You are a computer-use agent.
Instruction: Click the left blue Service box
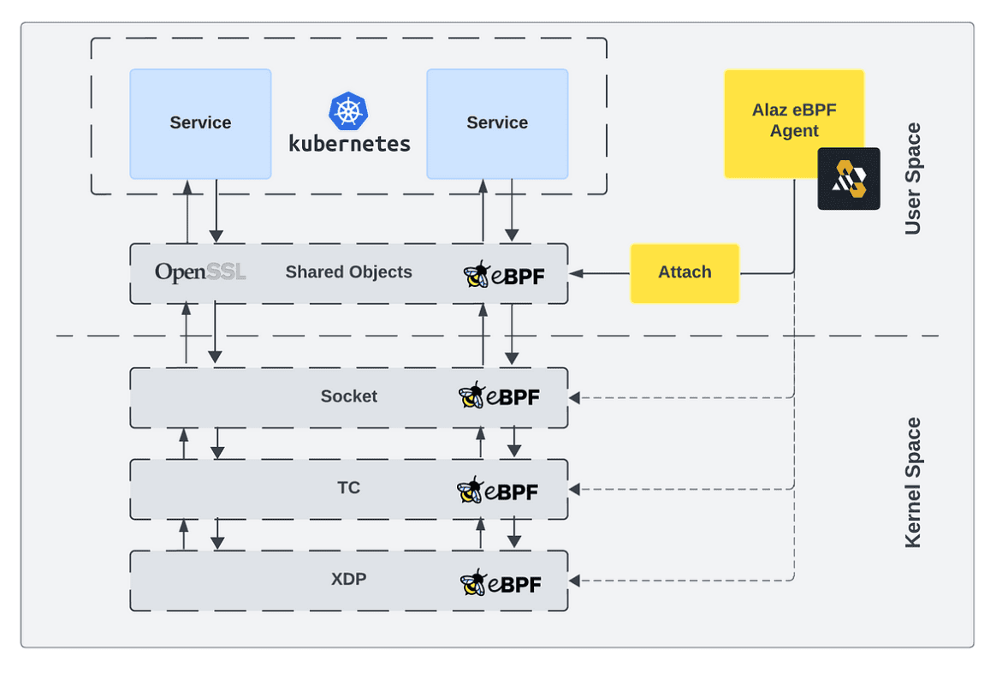200,123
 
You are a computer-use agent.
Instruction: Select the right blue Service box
497,123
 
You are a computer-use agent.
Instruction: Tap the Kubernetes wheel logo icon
348,111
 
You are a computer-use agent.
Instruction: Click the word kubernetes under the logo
349,143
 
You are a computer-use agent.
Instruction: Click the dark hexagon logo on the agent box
849,179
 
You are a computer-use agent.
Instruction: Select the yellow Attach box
685,272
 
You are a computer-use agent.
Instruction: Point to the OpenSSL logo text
200,272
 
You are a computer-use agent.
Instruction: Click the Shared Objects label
348,272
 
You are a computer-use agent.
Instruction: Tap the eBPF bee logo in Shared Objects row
504,275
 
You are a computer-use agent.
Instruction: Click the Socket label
348,396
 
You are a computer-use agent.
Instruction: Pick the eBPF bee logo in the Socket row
500,396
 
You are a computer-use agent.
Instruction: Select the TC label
348,488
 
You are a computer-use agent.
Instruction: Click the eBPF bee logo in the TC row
498,490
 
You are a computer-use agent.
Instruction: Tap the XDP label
348,580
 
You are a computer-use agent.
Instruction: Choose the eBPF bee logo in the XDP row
501,583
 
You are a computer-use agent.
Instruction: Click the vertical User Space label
913,178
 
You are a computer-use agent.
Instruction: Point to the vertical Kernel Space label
913,482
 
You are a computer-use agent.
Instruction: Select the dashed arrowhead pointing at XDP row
575,581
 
